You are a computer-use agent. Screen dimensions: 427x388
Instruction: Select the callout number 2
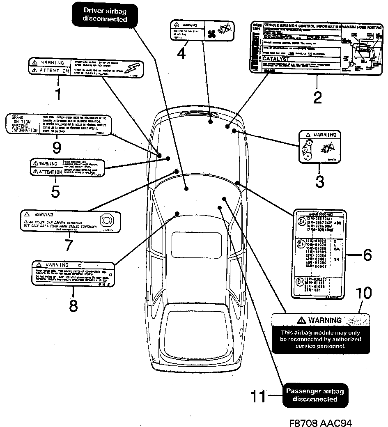pos(317,97)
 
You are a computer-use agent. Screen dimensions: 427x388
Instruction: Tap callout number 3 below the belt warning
pos(319,181)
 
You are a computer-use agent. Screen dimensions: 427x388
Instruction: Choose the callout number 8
pos(73,305)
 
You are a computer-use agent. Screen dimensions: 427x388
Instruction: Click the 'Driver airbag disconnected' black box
pos(105,14)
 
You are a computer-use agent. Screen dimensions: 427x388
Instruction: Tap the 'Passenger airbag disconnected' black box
pos(315,395)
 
